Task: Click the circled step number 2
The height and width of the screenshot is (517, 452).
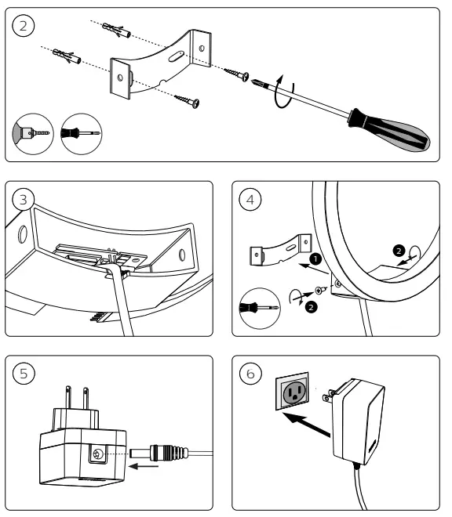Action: [x=23, y=26]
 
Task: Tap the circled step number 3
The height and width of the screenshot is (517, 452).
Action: [x=23, y=200]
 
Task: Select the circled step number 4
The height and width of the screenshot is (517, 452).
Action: [x=250, y=200]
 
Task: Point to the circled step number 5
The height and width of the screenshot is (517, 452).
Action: [x=23, y=374]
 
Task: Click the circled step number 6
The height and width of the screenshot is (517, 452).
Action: [x=250, y=374]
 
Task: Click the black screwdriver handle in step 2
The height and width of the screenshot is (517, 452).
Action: [x=390, y=129]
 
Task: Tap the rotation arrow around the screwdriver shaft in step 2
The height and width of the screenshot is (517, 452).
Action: [x=283, y=92]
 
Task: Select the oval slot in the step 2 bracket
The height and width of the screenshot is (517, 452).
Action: [x=176, y=56]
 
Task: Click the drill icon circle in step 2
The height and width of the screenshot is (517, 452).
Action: [x=32, y=133]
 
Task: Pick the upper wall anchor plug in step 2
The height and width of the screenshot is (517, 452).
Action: [x=117, y=30]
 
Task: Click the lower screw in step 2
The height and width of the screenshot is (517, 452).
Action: [x=187, y=100]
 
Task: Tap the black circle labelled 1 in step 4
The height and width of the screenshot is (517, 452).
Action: [x=315, y=258]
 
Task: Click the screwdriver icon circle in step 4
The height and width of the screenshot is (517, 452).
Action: [x=260, y=309]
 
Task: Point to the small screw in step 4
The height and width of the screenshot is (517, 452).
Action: [x=321, y=290]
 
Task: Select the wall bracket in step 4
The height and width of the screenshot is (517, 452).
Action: [x=280, y=250]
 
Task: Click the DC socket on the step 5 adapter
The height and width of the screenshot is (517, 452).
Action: [x=97, y=454]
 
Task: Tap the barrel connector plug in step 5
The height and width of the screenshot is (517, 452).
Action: [x=159, y=453]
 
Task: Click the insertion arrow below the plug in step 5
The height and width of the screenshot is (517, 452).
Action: [x=144, y=466]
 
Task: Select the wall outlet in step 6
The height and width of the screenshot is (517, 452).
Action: [x=292, y=392]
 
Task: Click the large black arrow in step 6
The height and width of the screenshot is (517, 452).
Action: [x=307, y=425]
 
